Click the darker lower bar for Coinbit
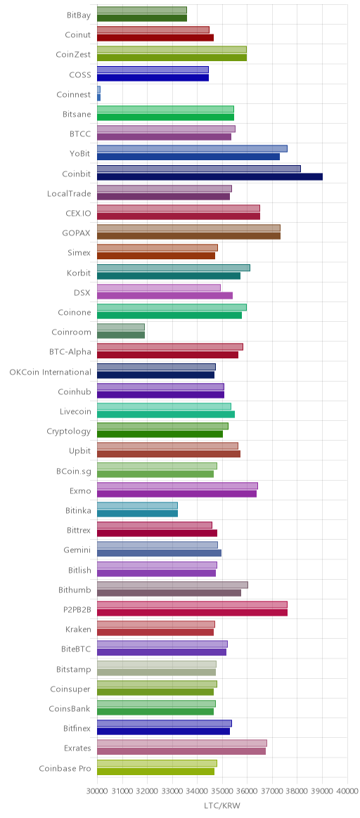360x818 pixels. point(210,177)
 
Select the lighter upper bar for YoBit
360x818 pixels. point(192,149)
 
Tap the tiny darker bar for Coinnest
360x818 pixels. point(98,98)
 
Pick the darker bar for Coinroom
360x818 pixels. point(120,335)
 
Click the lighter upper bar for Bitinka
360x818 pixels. point(137,505)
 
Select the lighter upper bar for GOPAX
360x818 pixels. point(188,228)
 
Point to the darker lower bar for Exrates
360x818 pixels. point(181,751)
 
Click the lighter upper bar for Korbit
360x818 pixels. point(173,268)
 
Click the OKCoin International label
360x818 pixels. point(50,372)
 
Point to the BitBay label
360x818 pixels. point(79,15)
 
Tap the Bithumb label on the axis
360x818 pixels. point(75,590)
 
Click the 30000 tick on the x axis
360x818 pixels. point(97,791)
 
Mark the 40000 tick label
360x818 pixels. point(347,791)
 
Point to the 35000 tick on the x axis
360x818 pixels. point(222,791)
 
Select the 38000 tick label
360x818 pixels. point(297,791)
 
